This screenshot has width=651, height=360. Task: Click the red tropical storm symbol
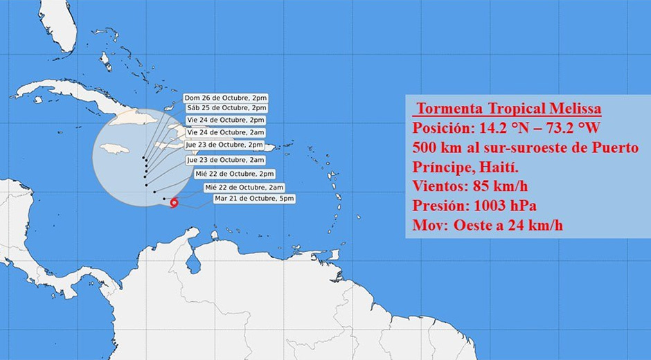coord(173,203)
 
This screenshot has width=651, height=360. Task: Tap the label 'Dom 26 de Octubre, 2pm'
coord(226,98)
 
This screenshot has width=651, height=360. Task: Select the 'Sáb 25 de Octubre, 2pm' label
coord(226,108)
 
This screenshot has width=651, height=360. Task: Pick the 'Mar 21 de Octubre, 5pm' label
coord(254,199)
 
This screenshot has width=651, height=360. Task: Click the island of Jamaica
coord(115,149)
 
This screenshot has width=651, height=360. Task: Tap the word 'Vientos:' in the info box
coord(439,186)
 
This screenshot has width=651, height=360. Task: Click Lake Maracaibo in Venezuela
coord(194,264)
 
